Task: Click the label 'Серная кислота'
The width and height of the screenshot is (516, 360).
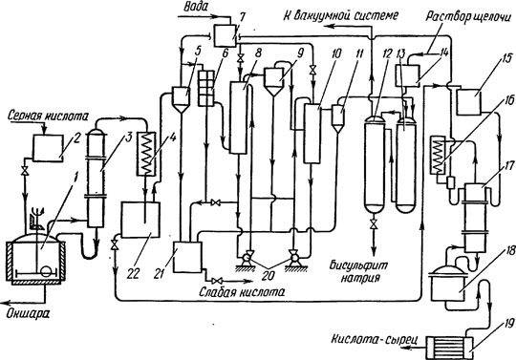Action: pos(48,116)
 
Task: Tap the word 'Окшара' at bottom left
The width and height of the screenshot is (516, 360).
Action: pos(28,313)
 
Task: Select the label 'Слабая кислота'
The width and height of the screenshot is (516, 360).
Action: pos(242,292)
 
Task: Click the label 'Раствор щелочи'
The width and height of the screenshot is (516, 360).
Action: pos(470,16)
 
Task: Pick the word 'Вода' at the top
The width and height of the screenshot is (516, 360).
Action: pos(196,7)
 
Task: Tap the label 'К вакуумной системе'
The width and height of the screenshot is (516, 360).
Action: pos(341,15)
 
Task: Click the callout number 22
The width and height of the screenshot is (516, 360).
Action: pos(134,273)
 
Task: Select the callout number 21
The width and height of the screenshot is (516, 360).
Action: pos(159,273)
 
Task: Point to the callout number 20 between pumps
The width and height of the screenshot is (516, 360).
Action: pos(269,275)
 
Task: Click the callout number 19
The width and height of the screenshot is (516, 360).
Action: pos(505,325)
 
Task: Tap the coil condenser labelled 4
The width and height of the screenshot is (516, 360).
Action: pos(147,154)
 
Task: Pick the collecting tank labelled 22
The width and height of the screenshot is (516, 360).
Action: pos(140,220)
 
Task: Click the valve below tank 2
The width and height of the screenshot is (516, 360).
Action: pos(24,171)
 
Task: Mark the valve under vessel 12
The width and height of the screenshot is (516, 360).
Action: pos(374,223)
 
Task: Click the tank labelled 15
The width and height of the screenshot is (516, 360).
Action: pos(468,102)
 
